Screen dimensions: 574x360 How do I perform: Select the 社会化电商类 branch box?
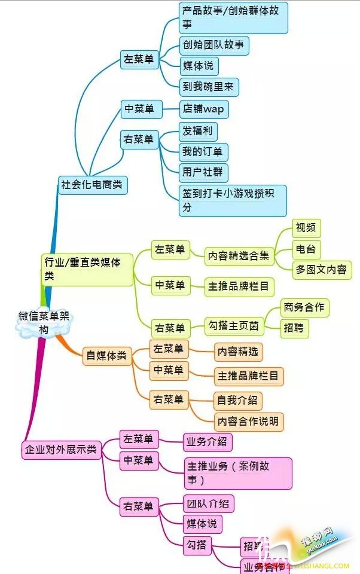[93, 185]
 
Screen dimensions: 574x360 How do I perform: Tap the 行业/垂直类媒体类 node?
[87, 269]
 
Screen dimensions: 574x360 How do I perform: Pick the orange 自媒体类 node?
[107, 356]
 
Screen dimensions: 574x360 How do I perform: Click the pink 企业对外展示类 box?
[60, 449]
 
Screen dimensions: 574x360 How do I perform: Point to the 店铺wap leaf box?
[204, 109]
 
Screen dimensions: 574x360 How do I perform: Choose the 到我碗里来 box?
[209, 87]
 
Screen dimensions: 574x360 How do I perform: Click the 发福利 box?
[197, 132]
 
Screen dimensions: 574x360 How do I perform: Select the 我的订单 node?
[204, 152]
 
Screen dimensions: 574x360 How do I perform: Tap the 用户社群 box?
[204, 173]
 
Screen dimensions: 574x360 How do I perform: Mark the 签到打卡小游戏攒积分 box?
[233, 200]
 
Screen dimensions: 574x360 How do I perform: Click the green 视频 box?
[306, 228]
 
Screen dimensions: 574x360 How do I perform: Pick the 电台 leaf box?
[306, 249]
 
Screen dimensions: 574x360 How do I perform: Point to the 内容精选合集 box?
[238, 256]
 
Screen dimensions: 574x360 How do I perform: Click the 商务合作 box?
[304, 307]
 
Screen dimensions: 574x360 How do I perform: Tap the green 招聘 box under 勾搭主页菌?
[294, 328]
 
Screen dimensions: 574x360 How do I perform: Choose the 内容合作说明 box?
[248, 421]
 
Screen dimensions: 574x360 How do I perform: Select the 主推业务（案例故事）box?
[238, 473]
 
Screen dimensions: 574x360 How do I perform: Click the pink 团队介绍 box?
[208, 503]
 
